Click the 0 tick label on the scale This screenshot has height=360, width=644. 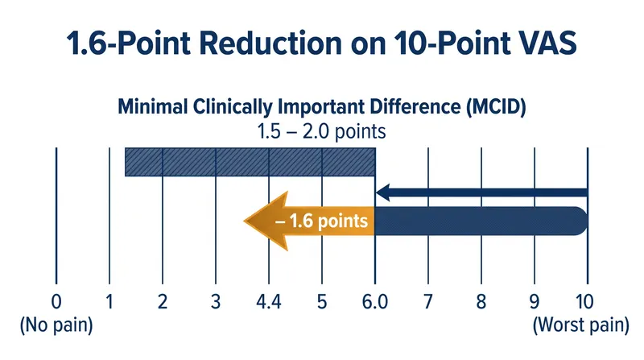(x=56, y=302)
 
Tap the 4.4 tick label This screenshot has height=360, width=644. (x=269, y=302)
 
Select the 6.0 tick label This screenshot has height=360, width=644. (x=375, y=302)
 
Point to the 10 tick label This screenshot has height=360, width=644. (x=584, y=302)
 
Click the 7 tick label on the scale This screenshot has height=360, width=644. (x=428, y=302)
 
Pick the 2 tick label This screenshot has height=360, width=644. (x=163, y=302)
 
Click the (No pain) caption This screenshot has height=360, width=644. (x=56, y=325)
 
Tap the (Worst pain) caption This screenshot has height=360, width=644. (x=580, y=325)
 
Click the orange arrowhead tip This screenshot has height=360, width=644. (x=245, y=221)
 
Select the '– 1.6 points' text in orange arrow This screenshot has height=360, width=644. (x=321, y=221)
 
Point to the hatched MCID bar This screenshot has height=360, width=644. (x=250, y=162)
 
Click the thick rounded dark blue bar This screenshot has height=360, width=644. (x=481, y=221)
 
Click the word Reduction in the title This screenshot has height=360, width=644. (x=271, y=43)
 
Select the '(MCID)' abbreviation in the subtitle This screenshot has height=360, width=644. (x=496, y=107)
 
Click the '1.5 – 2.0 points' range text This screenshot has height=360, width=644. (x=321, y=132)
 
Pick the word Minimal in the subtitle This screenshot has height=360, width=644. (x=153, y=107)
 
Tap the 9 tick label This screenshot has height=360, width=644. (x=534, y=302)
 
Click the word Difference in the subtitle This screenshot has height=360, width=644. (x=415, y=107)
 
